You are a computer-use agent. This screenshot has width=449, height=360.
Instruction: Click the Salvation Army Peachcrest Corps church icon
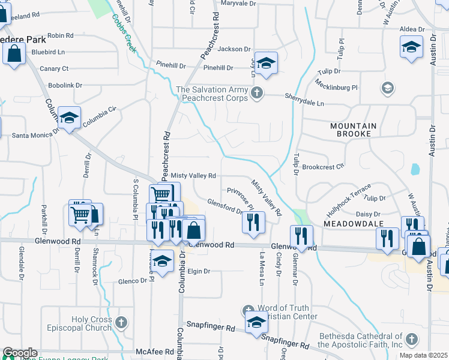coord(257,92)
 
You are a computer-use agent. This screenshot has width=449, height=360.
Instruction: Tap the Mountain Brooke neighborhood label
coord(353,130)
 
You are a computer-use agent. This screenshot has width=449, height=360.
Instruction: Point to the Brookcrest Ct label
coord(323,167)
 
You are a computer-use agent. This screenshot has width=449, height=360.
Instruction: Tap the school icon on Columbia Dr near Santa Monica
coord(70,118)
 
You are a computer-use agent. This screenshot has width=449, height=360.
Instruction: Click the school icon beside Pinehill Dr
coord(265,62)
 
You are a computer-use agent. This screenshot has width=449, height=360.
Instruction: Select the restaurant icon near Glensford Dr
coord(253,221)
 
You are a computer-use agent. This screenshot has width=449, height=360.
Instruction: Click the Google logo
coord(20,353)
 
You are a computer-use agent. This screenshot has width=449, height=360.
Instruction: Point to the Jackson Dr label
coord(234,49)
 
